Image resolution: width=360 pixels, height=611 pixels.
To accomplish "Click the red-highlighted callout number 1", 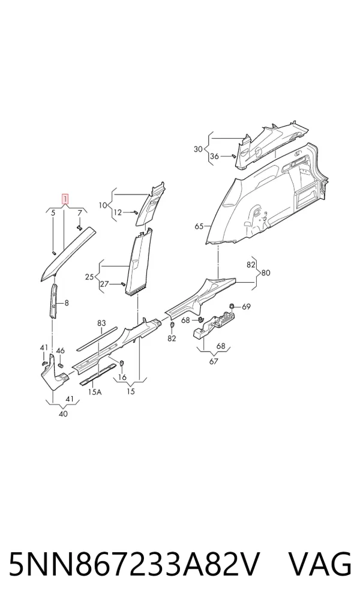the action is click(65, 199).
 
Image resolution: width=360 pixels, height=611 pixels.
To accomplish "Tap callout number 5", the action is click(53, 212).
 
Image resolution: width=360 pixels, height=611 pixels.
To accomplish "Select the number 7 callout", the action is click(79, 212).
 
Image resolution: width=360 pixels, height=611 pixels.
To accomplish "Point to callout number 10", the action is click(103, 205).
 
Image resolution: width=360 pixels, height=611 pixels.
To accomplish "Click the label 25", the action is click(89, 277).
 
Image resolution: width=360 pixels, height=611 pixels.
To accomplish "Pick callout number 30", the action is click(199, 149).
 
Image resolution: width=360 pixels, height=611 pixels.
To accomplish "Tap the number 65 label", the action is click(199, 226).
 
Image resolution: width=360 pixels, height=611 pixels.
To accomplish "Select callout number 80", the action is click(266, 272).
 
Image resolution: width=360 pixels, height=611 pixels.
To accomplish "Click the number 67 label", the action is click(214, 361).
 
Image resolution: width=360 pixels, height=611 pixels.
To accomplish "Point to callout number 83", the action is click(101, 323).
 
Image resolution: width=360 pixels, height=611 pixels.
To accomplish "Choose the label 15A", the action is click(94, 391).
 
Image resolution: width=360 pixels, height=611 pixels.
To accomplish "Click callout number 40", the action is click(63, 414).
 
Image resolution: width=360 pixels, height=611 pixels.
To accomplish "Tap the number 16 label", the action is click(122, 377).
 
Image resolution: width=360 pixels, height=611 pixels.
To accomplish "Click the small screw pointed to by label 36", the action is click(233, 156).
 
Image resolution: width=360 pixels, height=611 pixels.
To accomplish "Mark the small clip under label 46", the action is click(61, 365).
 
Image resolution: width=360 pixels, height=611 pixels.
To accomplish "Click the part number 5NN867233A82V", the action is click(134, 564).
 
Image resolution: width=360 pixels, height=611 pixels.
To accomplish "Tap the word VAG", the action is click(320, 564).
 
